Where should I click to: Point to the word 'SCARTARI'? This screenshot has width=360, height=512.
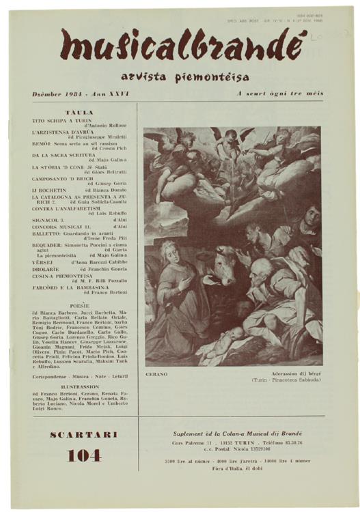(81, 434)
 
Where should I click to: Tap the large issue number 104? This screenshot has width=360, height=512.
(81, 455)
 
